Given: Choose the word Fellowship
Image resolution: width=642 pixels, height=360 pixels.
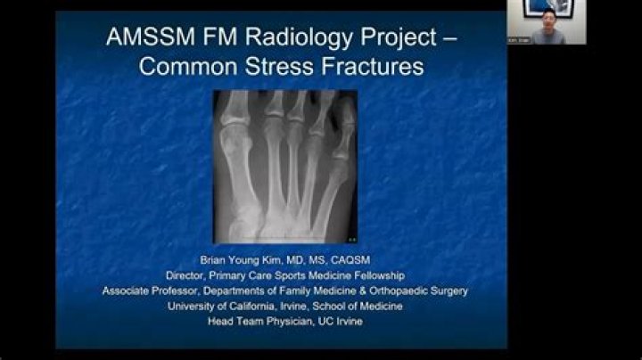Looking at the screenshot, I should click(x=379, y=276).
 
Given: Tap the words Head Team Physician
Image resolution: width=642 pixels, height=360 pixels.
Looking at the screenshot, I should click(x=254, y=321).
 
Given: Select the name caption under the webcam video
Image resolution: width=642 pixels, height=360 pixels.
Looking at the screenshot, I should click(x=519, y=40).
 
